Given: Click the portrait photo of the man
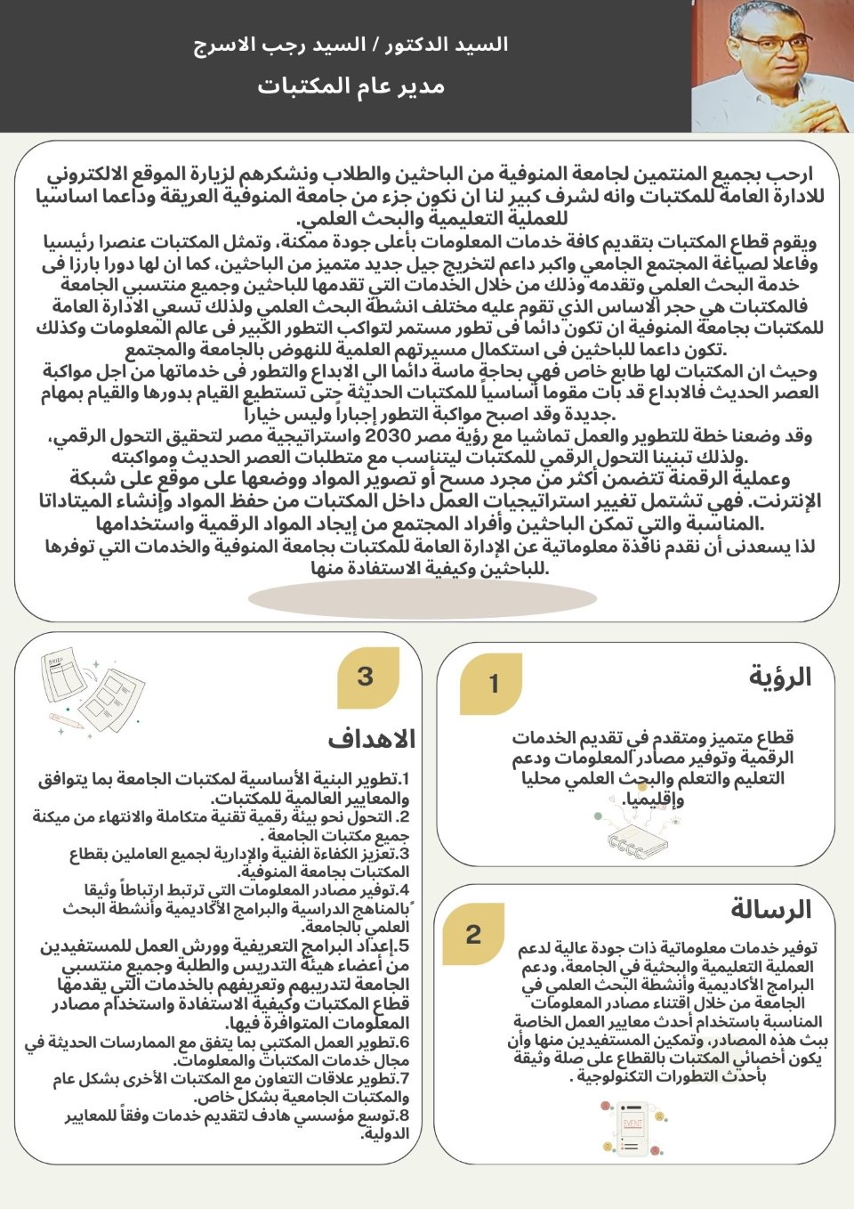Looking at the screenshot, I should pyautogui.click(x=772, y=66).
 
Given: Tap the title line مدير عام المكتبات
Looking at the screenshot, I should pyautogui.click(x=350, y=86).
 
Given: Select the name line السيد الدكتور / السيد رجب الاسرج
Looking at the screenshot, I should pyautogui.click(x=350, y=45).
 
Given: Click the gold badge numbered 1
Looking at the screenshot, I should pyautogui.click(x=492, y=684).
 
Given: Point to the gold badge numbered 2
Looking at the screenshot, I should pyautogui.click(x=473, y=934).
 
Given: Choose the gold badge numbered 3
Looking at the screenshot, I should pyautogui.click(x=366, y=677).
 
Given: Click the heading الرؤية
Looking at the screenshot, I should pyautogui.click(x=779, y=677).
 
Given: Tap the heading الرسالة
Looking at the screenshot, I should pyautogui.click(x=770, y=909).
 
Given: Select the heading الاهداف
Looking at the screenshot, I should pyautogui.click(x=371, y=739).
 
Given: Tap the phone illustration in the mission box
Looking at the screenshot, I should pyautogui.click(x=632, y=1128).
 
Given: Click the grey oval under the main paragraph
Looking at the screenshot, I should pyautogui.click(x=422, y=598).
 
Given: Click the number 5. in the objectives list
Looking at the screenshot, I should pyautogui.click(x=403, y=946).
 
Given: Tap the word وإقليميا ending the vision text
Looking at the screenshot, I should pyautogui.click(x=655, y=799).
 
